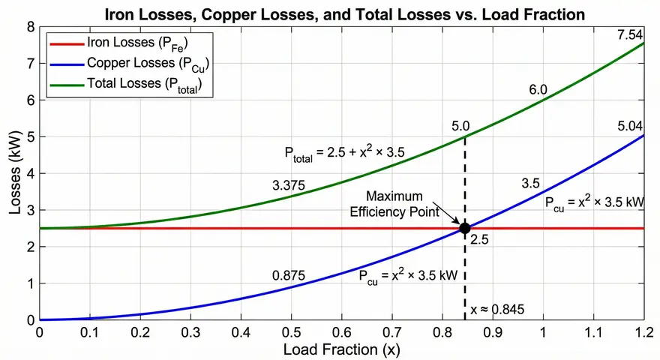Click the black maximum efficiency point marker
[x=464, y=228]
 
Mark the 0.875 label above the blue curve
[x=288, y=275]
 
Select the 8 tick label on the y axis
[x=31, y=27]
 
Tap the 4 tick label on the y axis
[x=31, y=174]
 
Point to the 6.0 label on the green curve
[x=537, y=90]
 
